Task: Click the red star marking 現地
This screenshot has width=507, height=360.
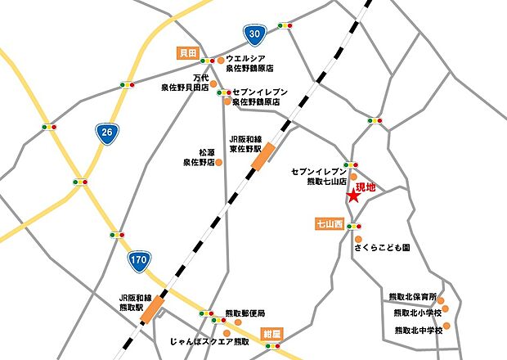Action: (352, 196)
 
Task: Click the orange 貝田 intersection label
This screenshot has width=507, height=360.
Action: (188, 52)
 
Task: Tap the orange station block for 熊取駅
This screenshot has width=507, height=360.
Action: (153, 308)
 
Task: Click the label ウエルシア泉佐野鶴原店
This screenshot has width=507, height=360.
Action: (254, 64)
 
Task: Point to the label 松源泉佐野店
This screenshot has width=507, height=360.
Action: (198, 157)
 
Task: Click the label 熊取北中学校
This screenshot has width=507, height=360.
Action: (417, 330)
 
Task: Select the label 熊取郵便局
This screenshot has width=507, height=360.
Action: (245, 313)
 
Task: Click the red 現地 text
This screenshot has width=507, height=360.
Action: (366, 187)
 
